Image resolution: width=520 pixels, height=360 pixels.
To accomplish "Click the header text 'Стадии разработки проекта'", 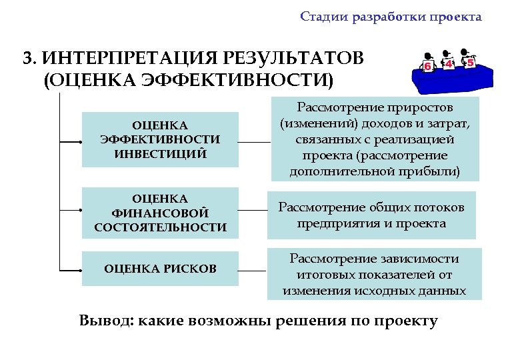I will point(390,17).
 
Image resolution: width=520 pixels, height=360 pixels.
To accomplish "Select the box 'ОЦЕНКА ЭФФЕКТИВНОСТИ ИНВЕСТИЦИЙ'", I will point(160,139).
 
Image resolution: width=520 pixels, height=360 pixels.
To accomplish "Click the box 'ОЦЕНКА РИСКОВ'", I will point(160,269).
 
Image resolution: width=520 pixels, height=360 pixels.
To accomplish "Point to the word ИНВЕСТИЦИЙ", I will point(160,154).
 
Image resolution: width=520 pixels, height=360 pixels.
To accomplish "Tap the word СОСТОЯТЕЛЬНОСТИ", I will point(160,228).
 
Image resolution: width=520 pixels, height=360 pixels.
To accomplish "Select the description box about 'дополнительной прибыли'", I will point(375,139).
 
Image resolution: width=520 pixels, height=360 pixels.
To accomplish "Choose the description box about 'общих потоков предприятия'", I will point(371,215).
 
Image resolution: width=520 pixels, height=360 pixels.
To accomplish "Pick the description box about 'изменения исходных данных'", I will point(374,274).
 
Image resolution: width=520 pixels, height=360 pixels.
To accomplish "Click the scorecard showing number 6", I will point(427,67).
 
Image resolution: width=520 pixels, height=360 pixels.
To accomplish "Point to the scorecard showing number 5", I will point(470,63).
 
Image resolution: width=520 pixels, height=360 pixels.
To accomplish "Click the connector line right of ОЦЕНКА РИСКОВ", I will point(253,271).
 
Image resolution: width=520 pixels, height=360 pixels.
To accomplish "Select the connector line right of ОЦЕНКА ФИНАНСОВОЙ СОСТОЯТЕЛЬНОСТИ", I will point(253,211).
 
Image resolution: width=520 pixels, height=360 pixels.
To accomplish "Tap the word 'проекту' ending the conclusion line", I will point(408,321).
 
